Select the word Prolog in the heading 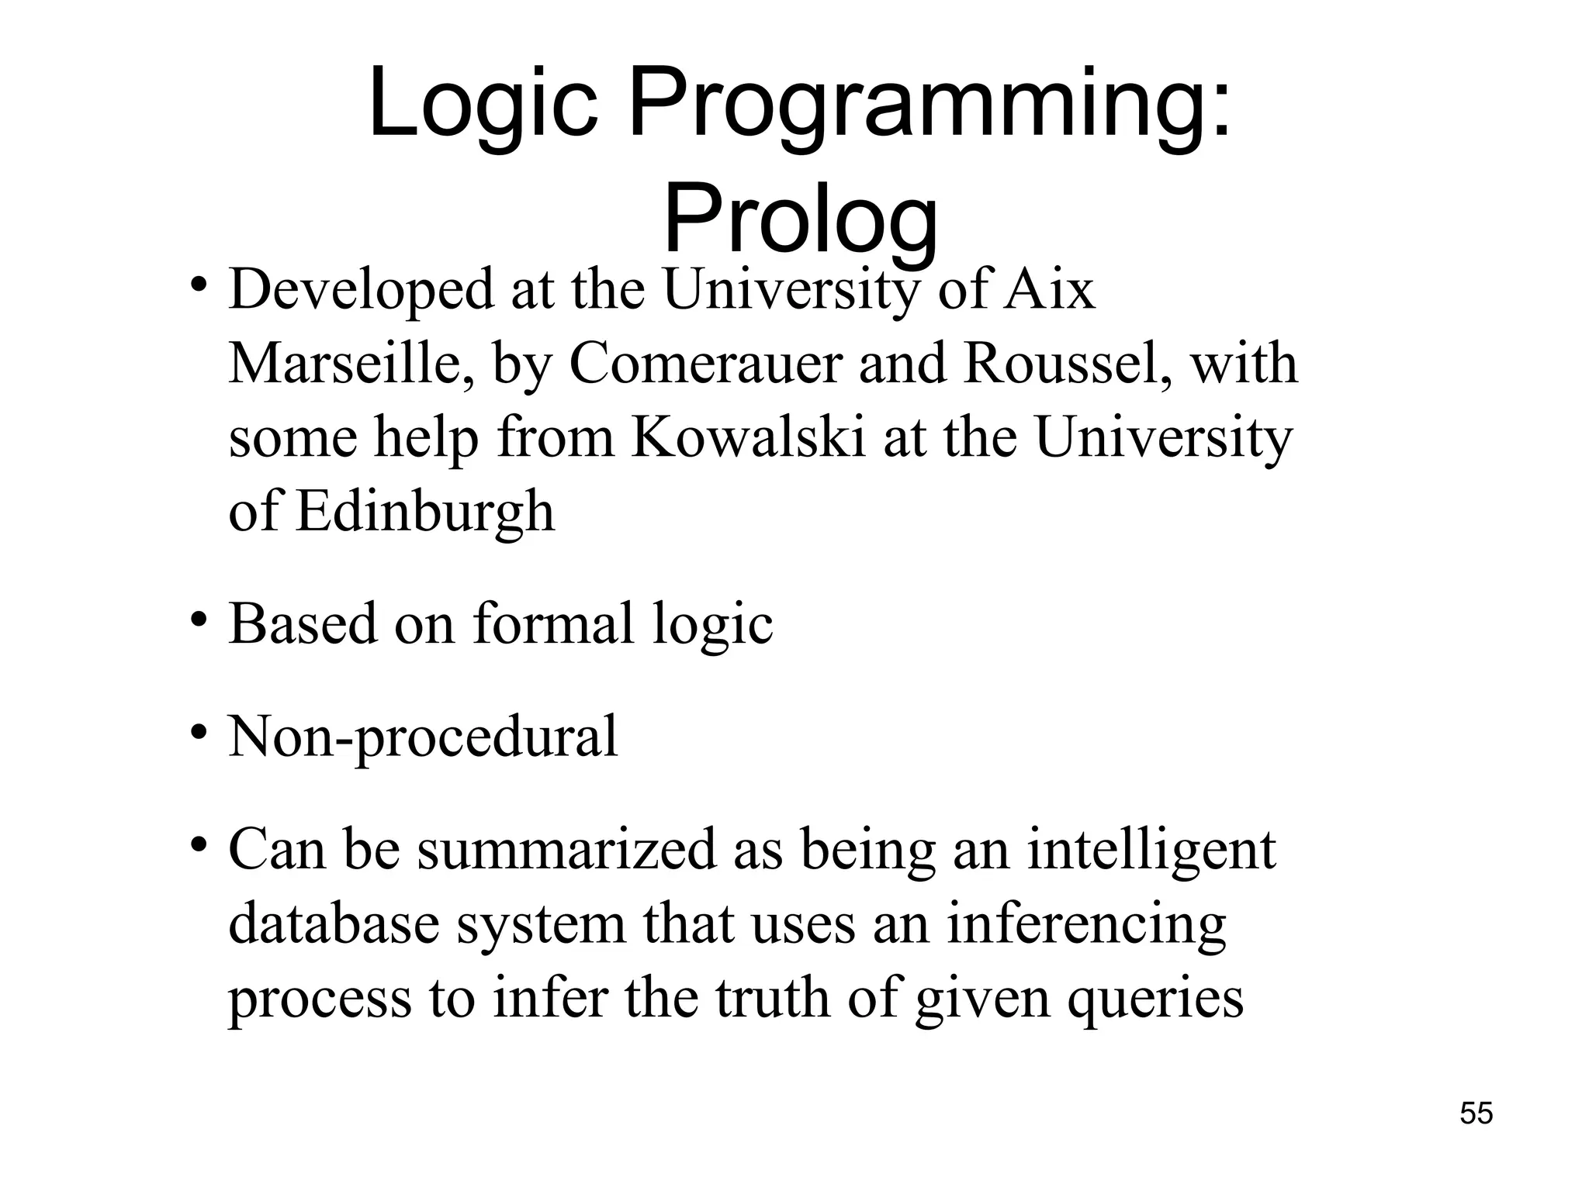pos(800,220)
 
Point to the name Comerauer pos(705,363)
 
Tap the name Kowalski pos(748,437)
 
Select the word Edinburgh pos(425,513)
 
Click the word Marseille pos(353,364)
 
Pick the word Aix pos(1049,289)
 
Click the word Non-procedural pos(423,737)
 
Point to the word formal pos(553,624)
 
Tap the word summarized pos(566,850)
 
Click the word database pos(334,924)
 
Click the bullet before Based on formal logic pos(199,621)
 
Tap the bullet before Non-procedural pos(199,733)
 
